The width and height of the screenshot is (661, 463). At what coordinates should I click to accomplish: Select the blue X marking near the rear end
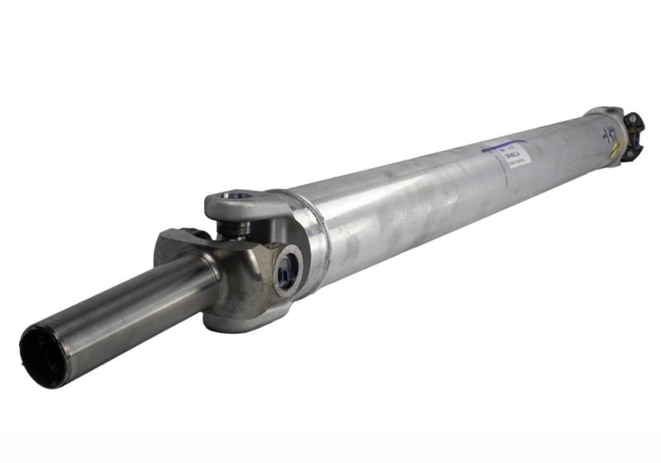pos(611,134)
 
